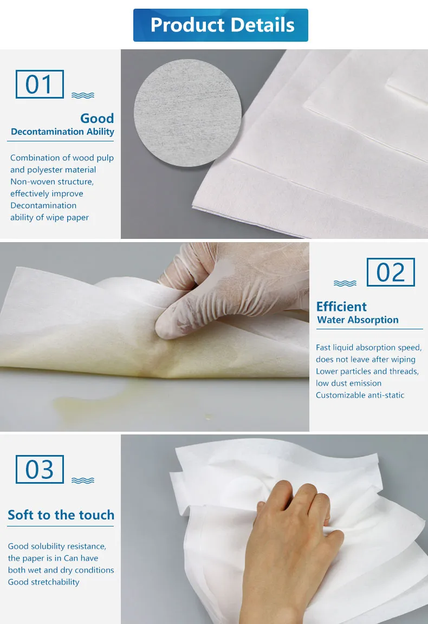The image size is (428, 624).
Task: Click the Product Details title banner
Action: coord(221,25)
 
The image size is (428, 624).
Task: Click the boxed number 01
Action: coord(40,84)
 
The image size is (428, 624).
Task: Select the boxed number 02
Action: coord(391,272)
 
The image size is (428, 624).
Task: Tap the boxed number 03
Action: coord(40,469)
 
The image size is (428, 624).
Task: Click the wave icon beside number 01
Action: coord(83,95)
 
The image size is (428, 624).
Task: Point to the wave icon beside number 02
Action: coord(345,283)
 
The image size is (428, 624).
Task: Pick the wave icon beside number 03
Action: coord(83,480)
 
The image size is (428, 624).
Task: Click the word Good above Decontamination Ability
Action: coord(97,119)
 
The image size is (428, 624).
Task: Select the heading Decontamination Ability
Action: coord(62,132)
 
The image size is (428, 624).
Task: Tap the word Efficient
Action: coord(341,307)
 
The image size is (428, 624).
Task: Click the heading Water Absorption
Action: coord(358,320)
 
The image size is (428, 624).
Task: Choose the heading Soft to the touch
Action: coord(61,515)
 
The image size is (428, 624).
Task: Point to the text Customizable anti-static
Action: coord(360,395)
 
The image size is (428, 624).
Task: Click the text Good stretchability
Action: coord(43,582)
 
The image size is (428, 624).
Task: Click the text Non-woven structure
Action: coord(51,182)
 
